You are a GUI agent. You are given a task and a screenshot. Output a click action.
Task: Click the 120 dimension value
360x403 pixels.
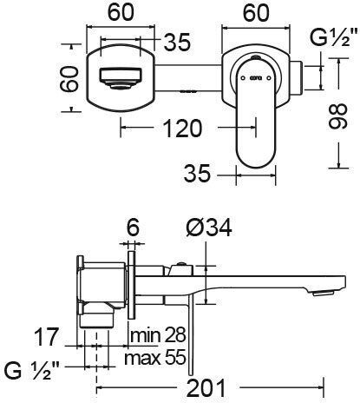pyautogui.click(x=182, y=128)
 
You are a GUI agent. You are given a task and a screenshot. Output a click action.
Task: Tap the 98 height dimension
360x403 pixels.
pyautogui.click(x=337, y=116)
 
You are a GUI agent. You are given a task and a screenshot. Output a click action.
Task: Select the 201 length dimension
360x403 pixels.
pyautogui.click(x=206, y=388)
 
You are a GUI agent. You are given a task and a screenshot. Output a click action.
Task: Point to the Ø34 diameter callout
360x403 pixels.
pyautogui.click(x=209, y=228)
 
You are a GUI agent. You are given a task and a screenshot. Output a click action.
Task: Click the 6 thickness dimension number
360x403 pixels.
pyautogui.click(x=133, y=228)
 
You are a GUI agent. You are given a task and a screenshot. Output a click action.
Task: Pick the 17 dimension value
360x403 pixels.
pyautogui.click(x=46, y=337)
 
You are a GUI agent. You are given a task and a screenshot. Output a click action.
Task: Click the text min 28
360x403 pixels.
pyautogui.click(x=158, y=335)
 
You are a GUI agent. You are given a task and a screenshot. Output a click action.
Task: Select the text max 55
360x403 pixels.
pyautogui.click(x=154, y=358)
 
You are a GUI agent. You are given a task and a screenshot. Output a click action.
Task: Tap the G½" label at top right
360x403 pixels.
pyautogui.click(x=332, y=38)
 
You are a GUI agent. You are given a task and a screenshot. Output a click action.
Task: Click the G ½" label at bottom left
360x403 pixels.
pyautogui.click(x=32, y=371)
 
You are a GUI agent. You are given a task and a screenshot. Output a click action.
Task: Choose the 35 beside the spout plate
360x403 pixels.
pyautogui.click(x=177, y=43)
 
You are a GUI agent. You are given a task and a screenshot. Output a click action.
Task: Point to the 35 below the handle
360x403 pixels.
pyautogui.click(x=197, y=174)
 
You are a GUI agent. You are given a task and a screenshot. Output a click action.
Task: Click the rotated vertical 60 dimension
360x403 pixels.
pyautogui.click(x=69, y=79)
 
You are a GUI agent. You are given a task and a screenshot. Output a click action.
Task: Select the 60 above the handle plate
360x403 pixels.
pyautogui.click(x=256, y=13)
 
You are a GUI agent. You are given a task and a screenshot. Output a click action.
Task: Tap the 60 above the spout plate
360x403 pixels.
pyautogui.click(x=121, y=12)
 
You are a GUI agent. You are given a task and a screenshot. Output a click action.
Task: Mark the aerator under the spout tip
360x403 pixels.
pyautogui.click(x=324, y=294)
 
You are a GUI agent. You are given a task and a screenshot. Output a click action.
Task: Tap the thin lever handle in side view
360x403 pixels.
pyautogui.click(x=191, y=333)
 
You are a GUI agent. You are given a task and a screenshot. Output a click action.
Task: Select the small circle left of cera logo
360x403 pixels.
pyautogui.click(x=243, y=78)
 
